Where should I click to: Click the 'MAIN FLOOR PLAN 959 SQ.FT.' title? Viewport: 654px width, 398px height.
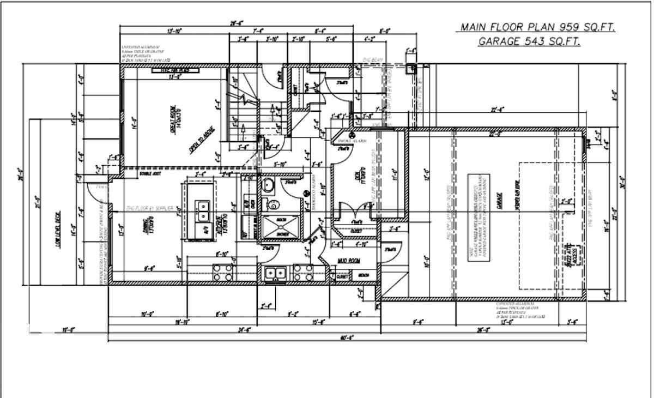pyautogui.click(x=537, y=27)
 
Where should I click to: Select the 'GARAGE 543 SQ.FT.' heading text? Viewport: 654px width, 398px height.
pyautogui.click(x=529, y=41)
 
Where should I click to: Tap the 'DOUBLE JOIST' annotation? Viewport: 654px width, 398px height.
pyautogui.click(x=149, y=174)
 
